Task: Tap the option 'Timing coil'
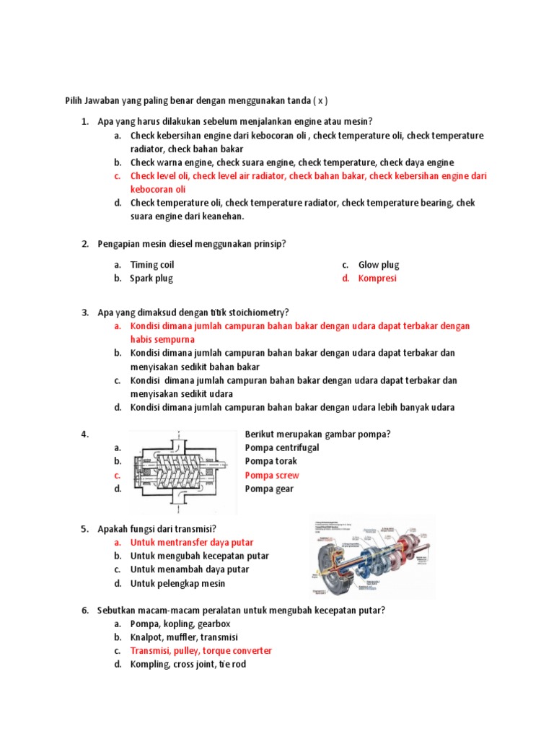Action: pos(152,265)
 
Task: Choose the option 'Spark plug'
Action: pos(151,279)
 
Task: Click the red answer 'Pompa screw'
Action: pos(272,476)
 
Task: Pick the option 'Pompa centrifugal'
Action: pos(282,448)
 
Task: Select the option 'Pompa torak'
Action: pos(271,462)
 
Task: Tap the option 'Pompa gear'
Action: pos(270,489)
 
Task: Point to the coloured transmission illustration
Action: pos(373,556)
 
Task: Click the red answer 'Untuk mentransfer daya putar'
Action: pos(192,543)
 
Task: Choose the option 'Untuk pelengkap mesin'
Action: pos(177,584)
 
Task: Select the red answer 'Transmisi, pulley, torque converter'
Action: pos(201,651)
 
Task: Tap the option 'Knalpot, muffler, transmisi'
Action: pos(184,637)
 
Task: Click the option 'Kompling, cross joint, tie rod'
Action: pos(188,665)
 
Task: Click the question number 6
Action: pos(84,611)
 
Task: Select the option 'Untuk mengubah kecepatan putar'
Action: pos(200,556)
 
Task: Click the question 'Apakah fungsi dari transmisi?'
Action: pos(157,529)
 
